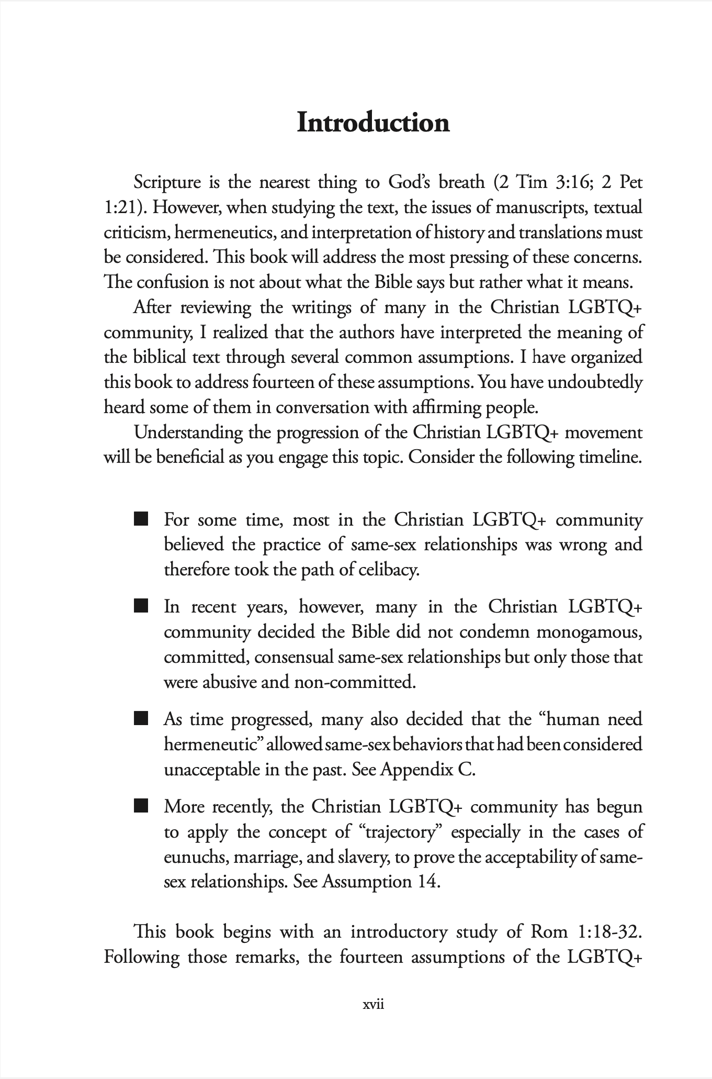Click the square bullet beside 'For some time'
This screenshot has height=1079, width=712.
pyautogui.click(x=141, y=519)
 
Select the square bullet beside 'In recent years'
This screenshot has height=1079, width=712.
pyautogui.click(x=141, y=606)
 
